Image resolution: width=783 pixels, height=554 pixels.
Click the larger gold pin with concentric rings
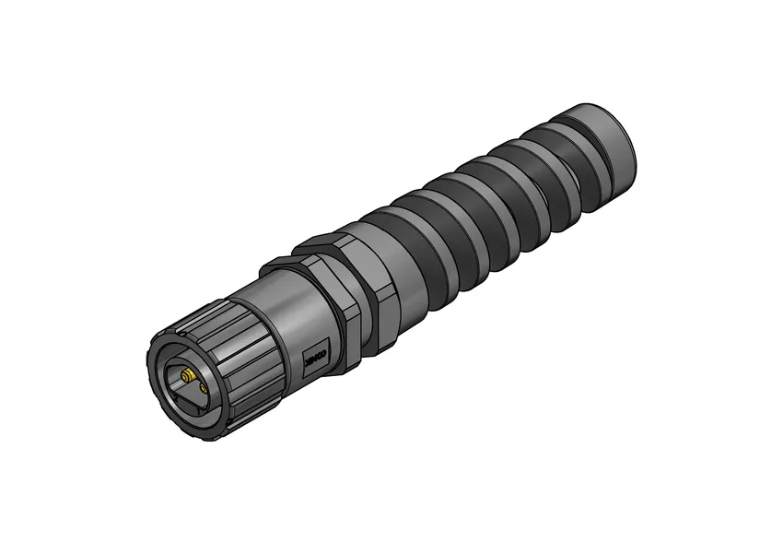187,375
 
